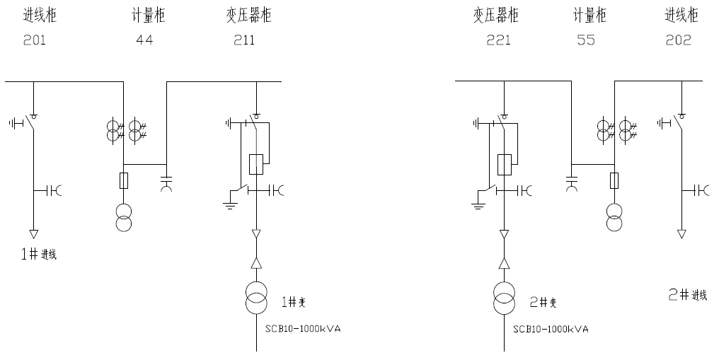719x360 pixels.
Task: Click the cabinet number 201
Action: click(x=34, y=40)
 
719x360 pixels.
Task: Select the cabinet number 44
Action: click(x=144, y=40)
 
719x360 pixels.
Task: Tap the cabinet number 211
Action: click(x=244, y=40)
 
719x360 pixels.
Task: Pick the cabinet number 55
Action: click(x=586, y=40)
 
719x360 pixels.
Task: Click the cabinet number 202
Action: click(x=678, y=40)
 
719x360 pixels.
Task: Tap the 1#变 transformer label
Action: click(x=294, y=302)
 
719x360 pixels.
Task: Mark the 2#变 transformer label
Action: click(x=543, y=302)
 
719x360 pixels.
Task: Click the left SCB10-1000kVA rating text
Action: click(x=303, y=329)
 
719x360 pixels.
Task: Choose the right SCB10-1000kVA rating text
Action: click(x=551, y=329)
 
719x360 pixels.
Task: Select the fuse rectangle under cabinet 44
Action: click(x=125, y=180)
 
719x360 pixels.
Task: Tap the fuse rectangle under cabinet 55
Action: click(x=614, y=180)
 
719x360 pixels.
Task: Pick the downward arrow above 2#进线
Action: click(x=681, y=233)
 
